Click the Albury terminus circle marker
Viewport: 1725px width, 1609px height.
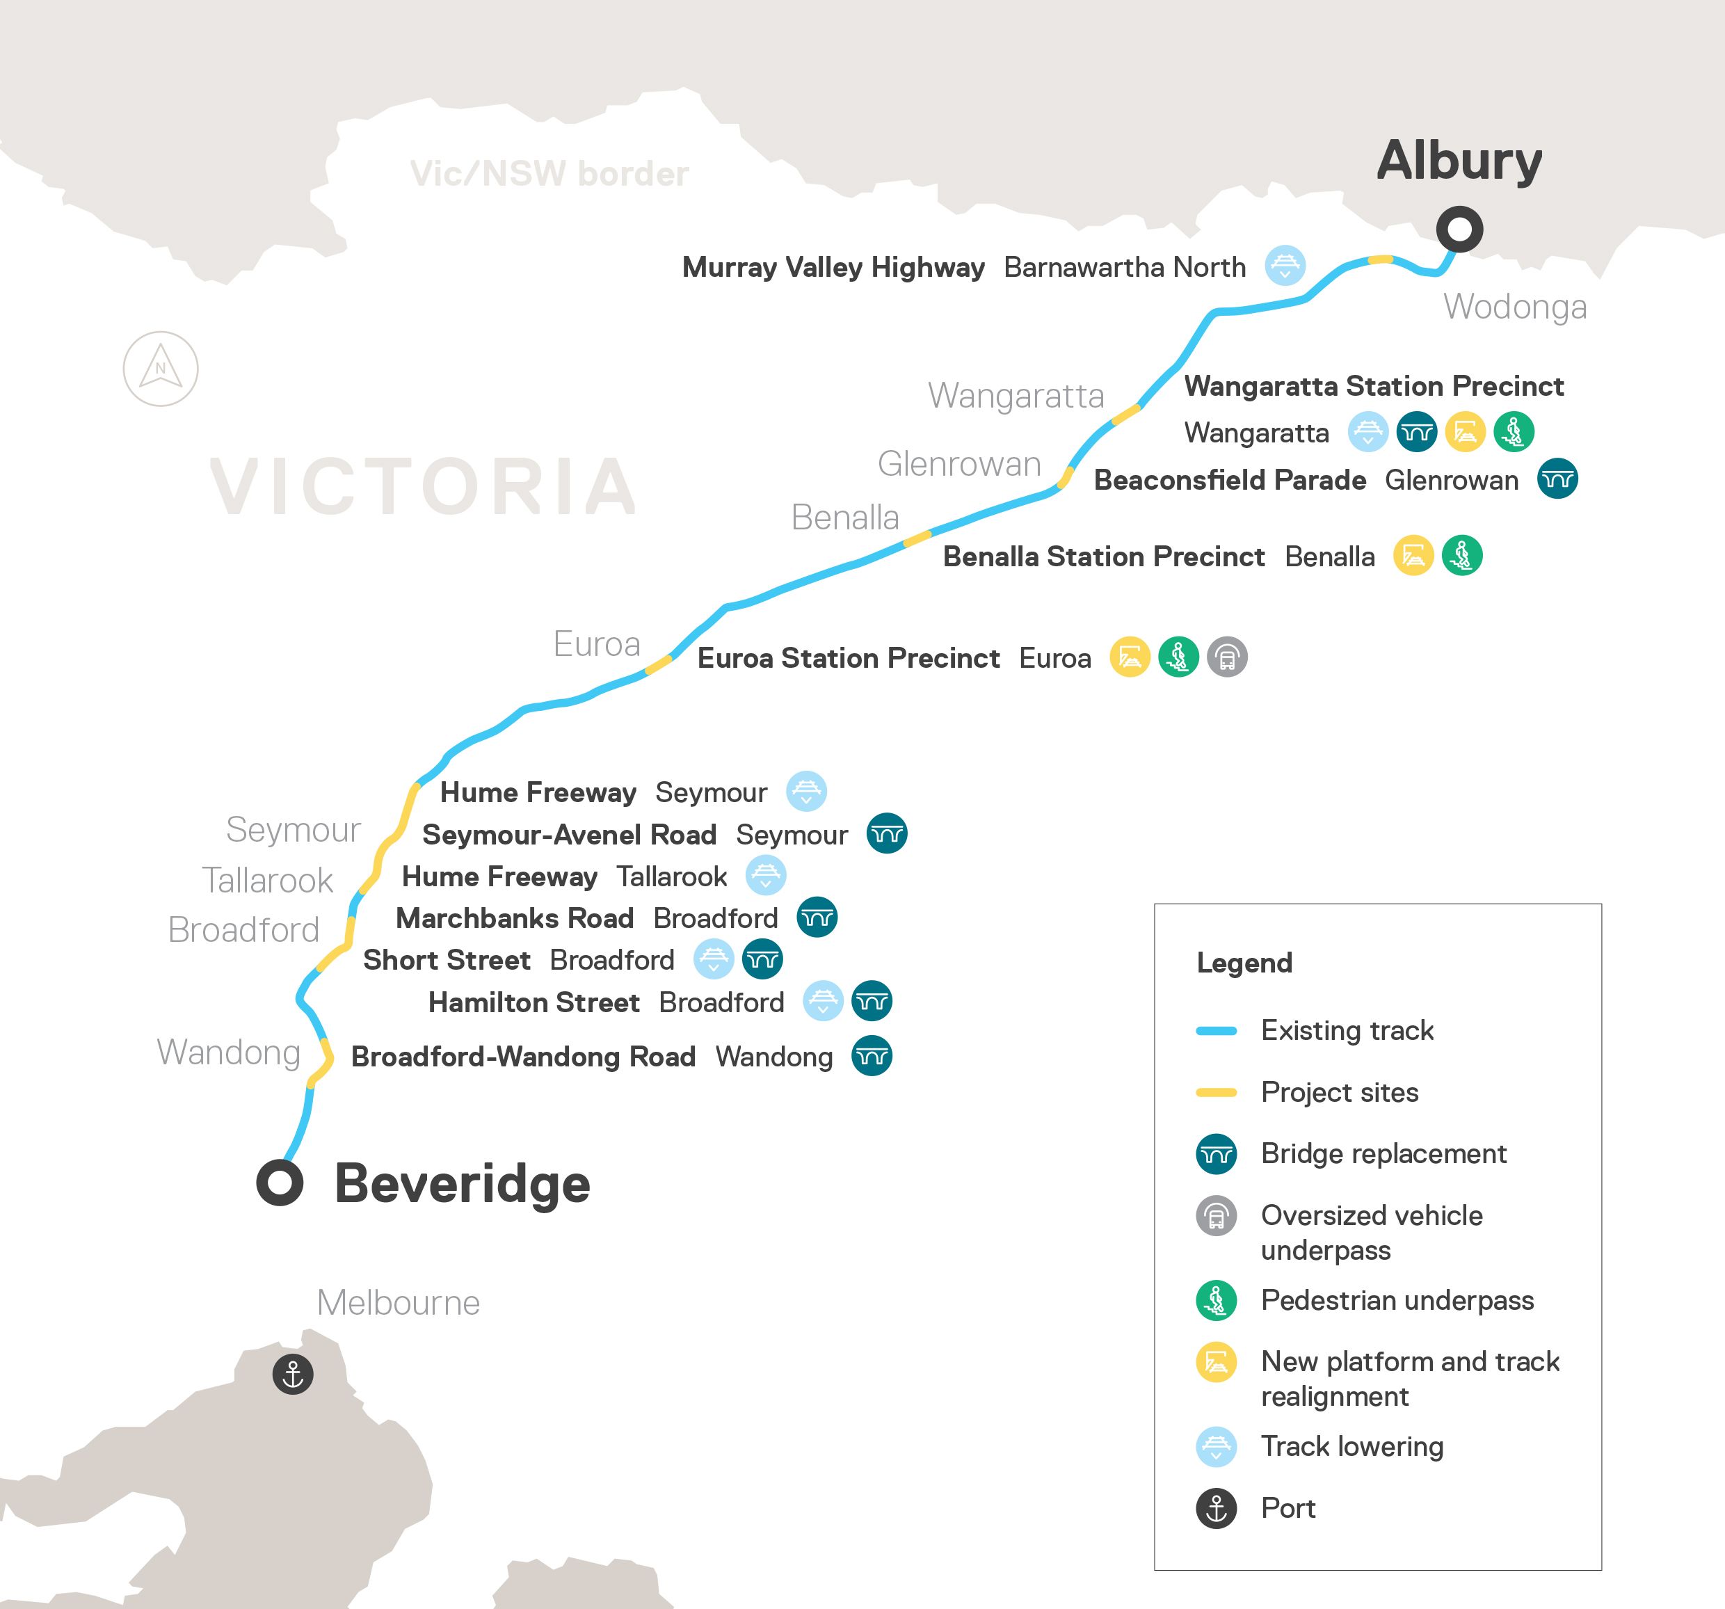click(1459, 229)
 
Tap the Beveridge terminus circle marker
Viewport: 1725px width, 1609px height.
click(280, 1182)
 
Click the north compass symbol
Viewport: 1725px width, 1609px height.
click(161, 369)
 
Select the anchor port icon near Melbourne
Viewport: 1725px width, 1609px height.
click(292, 1375)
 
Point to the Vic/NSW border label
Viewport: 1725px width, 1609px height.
click(549, 174)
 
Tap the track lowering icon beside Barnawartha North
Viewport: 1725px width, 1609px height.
click(1285, 266)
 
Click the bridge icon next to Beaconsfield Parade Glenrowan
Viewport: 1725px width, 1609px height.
click(1557, 479)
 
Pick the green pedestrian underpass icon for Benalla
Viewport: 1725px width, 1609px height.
click(1462, 555)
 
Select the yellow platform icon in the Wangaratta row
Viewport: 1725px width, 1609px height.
click(1466, 431)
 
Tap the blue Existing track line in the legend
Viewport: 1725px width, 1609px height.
click(1216, 1031)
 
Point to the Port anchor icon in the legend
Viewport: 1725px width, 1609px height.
click(1216, 1508)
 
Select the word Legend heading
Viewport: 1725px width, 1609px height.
click(1244, 963)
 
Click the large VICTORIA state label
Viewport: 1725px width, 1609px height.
click(424, 487)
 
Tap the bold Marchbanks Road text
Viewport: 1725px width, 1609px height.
click(515, 918)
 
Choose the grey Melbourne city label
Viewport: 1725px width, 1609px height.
click(399, 1303)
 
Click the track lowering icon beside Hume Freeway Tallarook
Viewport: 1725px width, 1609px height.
click(765, 876)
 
